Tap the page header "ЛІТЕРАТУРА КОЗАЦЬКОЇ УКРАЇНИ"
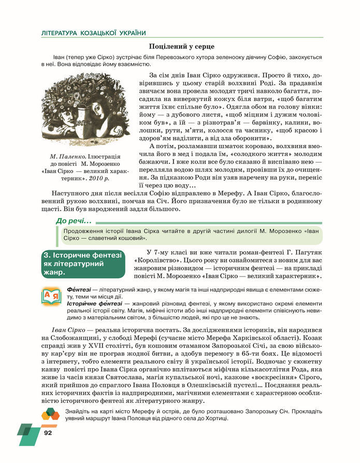pyautogui.click(x=93, y=33)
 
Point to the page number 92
pyautogui.click(x=49, y=432)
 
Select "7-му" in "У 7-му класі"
pyautogui.click(x=154, y=253)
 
